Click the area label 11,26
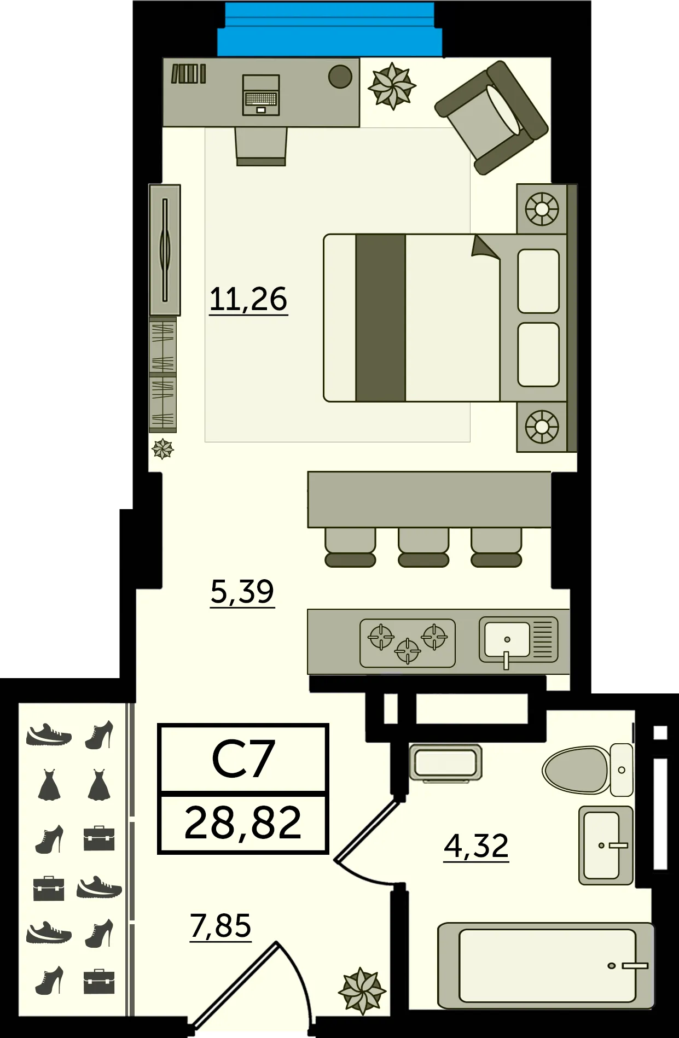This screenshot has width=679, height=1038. point(248,300)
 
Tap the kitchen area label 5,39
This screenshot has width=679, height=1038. point(242,592)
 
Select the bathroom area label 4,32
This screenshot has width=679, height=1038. point(477,846)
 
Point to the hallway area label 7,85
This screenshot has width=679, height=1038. point(220,926)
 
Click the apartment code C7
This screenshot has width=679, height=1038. point(243,759)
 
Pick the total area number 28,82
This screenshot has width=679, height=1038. point(243,823)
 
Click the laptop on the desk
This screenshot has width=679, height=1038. point(261,95)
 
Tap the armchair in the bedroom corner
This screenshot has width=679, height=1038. point(491,118)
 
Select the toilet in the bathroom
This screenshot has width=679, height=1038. point(588,769)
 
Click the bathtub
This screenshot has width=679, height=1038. point(546,966)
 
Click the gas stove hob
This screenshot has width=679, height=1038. point(408,643)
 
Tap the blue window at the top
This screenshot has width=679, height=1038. point(330,29)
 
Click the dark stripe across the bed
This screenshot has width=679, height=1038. point(380,318)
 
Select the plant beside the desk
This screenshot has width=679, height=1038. point(392,86)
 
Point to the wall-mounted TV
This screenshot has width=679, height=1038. point(165,250)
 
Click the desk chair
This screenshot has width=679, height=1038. point(261,147)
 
